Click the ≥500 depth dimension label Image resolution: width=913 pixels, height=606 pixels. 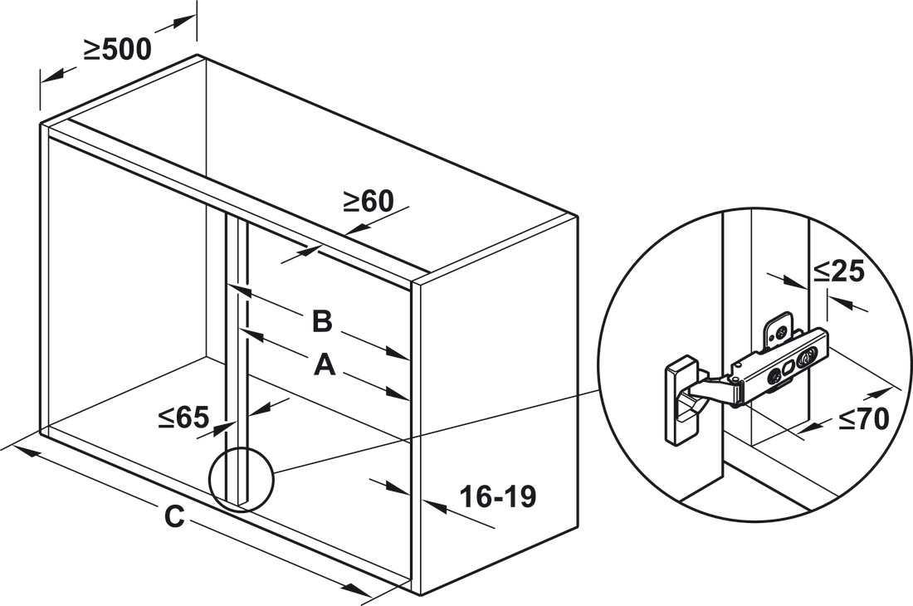[x=117, y=50]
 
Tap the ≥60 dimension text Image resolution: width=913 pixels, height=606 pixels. [x=368, y=201]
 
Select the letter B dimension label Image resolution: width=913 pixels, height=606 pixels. [x=322, y=320]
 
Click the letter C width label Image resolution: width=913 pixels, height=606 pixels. [x=174, y=516]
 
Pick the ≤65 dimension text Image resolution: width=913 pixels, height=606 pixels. [x=183, y=417]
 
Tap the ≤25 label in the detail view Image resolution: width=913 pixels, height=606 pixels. [x=838, y=271]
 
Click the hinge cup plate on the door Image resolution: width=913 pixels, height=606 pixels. [x=682, y=402]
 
